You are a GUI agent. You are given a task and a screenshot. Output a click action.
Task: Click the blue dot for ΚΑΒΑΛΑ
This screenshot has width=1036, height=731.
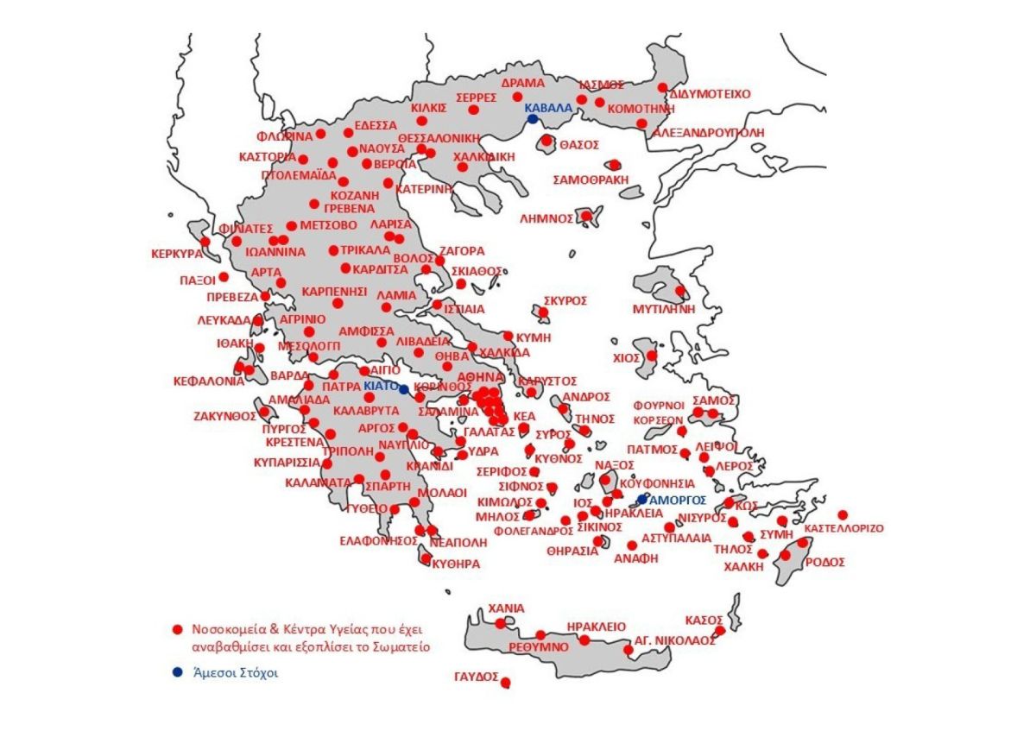tap(533, 119)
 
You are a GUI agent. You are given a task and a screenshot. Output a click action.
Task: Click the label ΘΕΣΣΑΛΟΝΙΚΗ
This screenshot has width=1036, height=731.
tap(439, 138)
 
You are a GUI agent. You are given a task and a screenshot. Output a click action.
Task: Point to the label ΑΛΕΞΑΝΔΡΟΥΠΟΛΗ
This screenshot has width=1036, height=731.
tap(709, 133)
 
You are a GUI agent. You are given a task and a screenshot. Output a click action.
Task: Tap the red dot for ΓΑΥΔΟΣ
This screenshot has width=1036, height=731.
tap(506, 683)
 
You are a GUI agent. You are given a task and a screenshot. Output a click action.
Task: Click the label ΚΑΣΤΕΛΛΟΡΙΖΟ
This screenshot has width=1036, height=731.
tap(843, 528)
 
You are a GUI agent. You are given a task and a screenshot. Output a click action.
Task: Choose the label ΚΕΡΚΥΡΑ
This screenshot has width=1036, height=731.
tap(176, 255)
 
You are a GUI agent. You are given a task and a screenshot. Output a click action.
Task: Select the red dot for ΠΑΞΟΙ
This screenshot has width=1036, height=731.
tap(224, 277)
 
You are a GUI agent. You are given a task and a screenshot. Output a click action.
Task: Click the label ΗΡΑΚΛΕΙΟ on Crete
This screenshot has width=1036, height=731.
tap(597, 627)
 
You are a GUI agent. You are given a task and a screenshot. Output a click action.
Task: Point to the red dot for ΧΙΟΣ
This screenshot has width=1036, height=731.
tap(652, 356)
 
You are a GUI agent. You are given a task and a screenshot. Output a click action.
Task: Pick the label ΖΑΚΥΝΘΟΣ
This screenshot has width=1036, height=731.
tap(223, 416)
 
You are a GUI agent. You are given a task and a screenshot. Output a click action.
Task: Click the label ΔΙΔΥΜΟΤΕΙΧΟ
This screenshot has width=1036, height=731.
tap(711, 93)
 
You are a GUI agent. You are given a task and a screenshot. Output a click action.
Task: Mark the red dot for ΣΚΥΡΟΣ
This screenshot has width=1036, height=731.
tap(544, 312)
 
